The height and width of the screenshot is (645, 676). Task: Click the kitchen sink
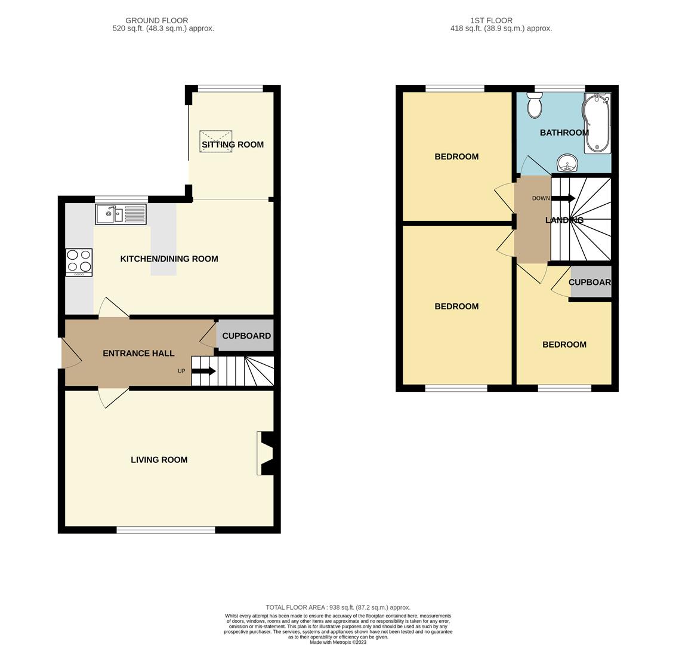pos(121,214)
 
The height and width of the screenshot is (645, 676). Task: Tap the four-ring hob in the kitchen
pos(79,262)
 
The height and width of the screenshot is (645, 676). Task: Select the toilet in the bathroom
pos(535,105)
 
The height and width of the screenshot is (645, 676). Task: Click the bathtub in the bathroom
pos(597,123)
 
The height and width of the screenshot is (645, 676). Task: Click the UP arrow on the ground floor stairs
pos(203,371)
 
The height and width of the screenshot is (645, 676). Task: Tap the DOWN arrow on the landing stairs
pos(563,198)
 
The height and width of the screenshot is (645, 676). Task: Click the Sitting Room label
pos(233,145)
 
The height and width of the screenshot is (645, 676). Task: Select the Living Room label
pos(159,460)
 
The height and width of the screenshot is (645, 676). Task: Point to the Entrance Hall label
pos(138,354)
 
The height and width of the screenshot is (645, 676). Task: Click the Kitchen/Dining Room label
pos(169,259)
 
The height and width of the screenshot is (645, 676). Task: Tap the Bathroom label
pos(564,133)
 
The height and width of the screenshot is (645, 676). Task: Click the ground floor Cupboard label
pos(246,336)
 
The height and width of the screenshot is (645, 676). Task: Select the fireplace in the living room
pos(265,453)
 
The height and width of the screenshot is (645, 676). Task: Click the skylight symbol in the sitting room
pos(216,141)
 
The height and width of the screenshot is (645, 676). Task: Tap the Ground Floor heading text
pos(156,20)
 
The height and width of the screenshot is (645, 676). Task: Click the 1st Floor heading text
pos(491,20)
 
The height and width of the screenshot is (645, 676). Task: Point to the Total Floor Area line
pos(338,607)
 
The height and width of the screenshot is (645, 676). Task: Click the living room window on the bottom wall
pos(166,530)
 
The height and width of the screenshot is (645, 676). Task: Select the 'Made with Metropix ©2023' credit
pos(338,642)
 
